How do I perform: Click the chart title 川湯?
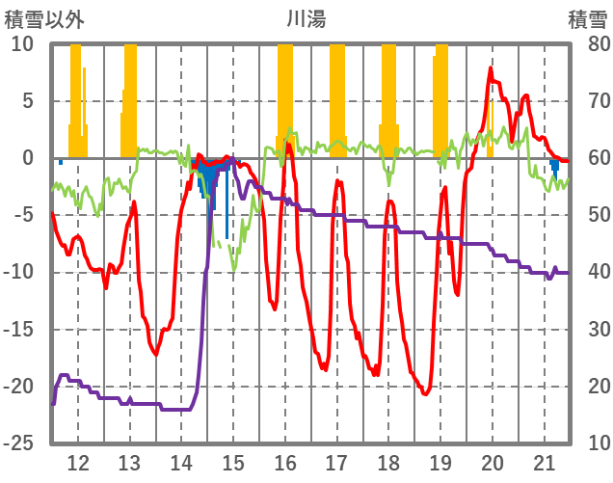click(306, 18)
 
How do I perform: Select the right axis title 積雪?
click(587, 18)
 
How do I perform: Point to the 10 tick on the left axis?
click(22, 44)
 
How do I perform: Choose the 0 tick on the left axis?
click(28, 158)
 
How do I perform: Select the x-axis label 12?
click(78, 462)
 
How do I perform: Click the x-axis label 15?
click(233, 462)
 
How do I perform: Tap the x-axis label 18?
click(389, 462)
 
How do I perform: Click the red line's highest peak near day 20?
click(491, 68)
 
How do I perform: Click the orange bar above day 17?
click(336, 96)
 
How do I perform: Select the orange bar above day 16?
click(284, 96)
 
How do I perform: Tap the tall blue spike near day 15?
click(227, 202)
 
